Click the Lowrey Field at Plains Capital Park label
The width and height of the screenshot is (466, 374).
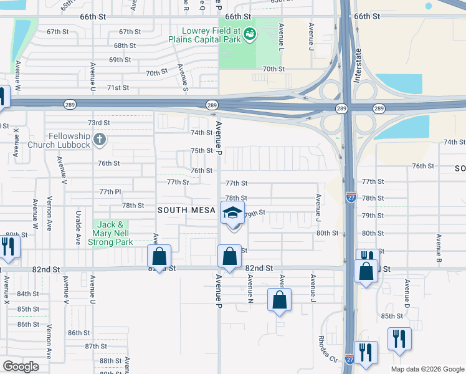(210, 35)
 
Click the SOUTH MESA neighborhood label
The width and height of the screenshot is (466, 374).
(186, 210)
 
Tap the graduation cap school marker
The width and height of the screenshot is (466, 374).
(233, 213)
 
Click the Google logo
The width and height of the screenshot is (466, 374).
(21, 367)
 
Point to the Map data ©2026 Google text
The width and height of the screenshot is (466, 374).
(427, 369)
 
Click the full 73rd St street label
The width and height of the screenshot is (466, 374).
(98, 123)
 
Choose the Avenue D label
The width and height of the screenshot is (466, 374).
(406, 293)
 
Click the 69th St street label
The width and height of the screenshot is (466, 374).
(120, 60)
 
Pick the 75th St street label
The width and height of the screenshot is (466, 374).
(202, 151)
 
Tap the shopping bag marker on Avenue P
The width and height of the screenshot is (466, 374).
(229, 256)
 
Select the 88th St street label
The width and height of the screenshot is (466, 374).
(110, 360)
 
